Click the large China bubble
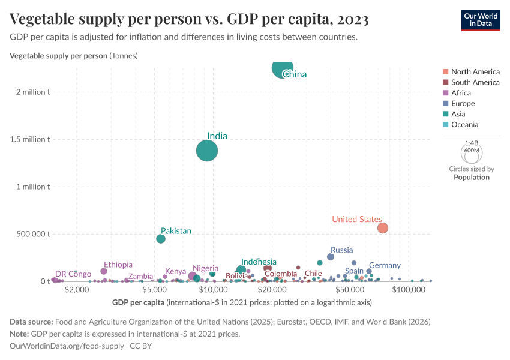coord(283,68)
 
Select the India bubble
coord(207,150)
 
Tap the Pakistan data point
coord(161,239)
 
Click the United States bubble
coord(382,228)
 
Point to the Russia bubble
coord(331,257)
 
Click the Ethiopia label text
coord(118,265)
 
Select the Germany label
coord(385,265)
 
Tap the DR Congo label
coord(73,274)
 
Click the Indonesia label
coord(259,262)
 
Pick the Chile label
coord(313,274)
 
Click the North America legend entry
coord(475,71)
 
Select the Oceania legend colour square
coord(445,125)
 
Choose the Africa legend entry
coord(461,93)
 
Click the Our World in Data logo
coord(480,19)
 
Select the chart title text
coord(189,19)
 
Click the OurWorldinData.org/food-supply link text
coord(67,346)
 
